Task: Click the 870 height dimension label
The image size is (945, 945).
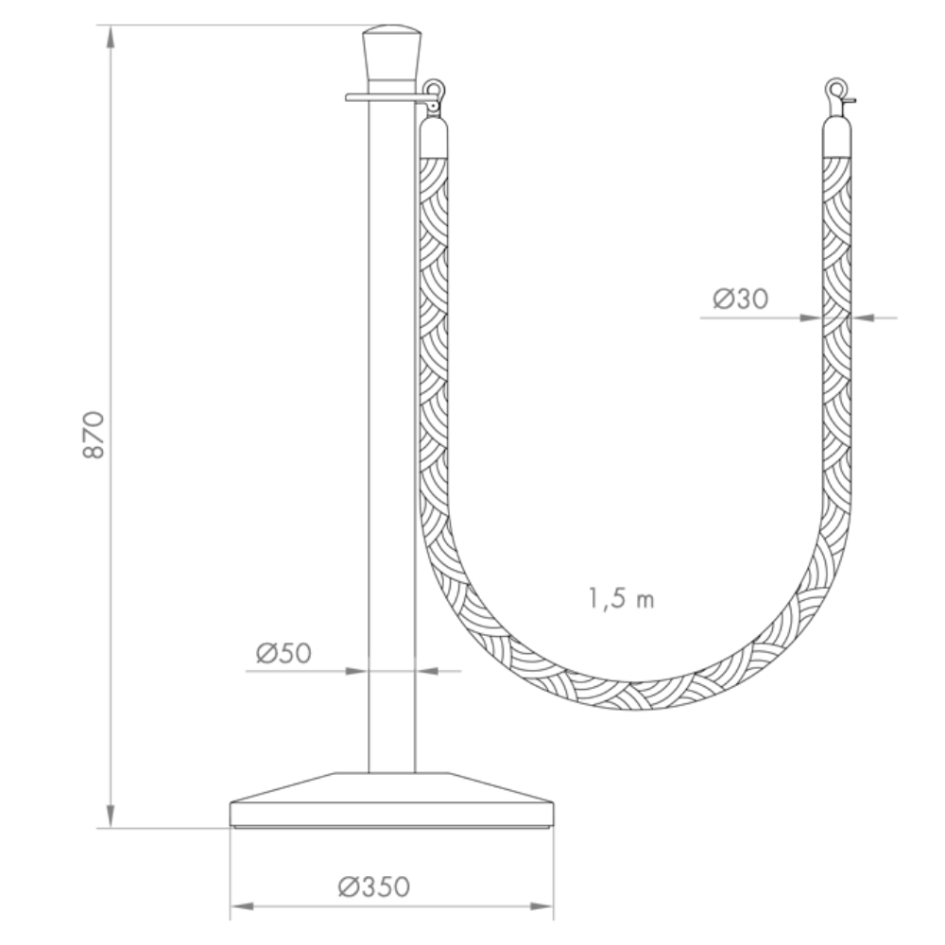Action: pos(94,435)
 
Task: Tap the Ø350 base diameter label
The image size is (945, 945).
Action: pos(373,886)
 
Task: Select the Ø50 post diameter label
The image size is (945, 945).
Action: pos(283,653)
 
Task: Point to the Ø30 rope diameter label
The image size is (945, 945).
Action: pos(741,299)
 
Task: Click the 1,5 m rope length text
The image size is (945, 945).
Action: pos(621,598)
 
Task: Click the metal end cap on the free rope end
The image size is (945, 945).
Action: pos(837,137)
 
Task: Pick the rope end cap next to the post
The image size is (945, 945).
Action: pos(434,137)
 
